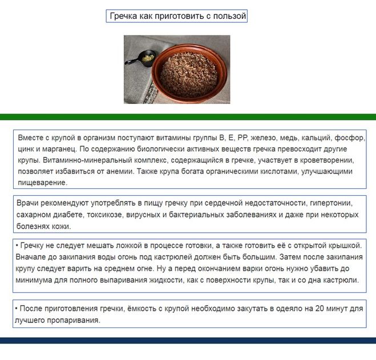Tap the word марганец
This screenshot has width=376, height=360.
tap(54, 149)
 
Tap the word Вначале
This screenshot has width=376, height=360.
tap(32, 258)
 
